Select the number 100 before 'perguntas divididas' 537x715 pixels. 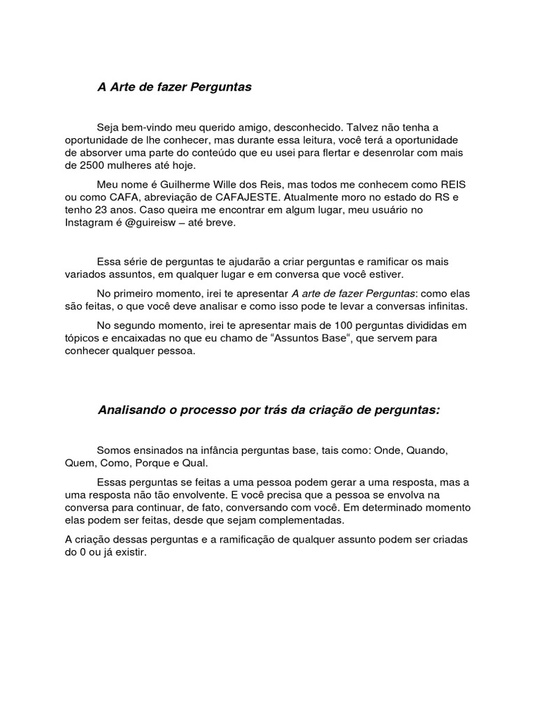click(319, 325)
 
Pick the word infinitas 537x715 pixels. click(441, 307)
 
